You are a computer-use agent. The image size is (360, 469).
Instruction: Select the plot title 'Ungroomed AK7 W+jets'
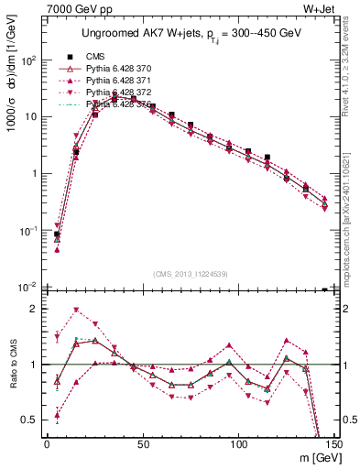(x=137, y=35)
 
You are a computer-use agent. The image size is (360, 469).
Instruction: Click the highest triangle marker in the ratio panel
(x=76, y=310)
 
